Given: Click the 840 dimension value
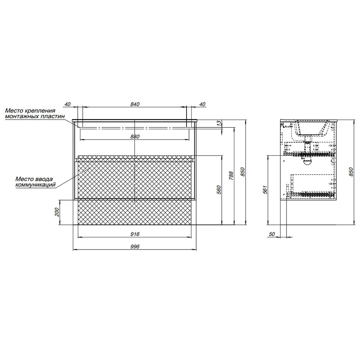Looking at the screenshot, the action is point(135,104).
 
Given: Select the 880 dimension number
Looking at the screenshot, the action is point(135,136).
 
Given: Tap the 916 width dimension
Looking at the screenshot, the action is point(135,234).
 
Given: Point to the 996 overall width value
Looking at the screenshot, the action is point(135,247).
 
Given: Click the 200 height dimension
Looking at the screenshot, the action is point(57,212).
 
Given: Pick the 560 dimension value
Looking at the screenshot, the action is point(219,190).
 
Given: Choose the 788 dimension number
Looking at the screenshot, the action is point(231,176).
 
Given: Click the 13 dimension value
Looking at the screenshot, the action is point(220,123).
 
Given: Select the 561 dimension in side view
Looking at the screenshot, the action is point(265,190).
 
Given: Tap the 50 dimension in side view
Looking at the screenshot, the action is point(271,234).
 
